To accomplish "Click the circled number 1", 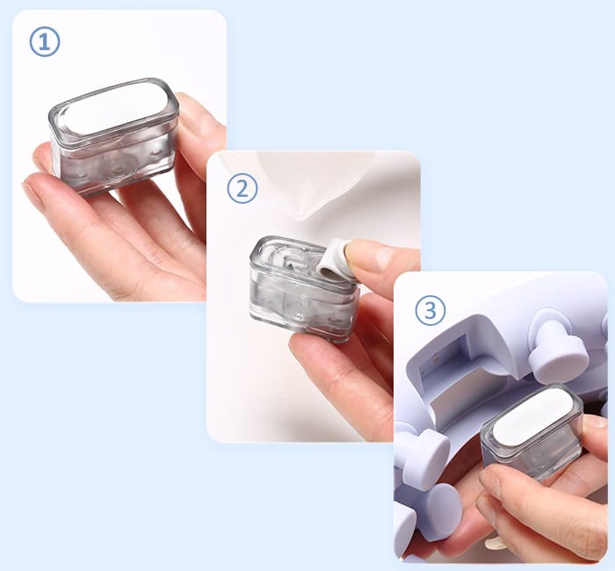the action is (45, 41).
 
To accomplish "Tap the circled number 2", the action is (242, 189).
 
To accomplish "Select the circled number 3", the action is (430, 311).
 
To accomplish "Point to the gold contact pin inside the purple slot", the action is (436, 357).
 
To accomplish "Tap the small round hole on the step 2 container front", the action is (300, 316).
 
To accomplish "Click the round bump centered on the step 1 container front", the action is (117, 170).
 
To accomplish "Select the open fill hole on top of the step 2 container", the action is (291, 262).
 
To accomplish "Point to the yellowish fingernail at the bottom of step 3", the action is (495, 543).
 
